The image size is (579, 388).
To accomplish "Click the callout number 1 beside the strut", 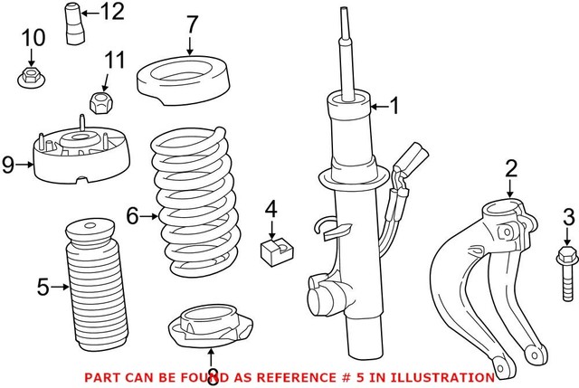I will [394, 108].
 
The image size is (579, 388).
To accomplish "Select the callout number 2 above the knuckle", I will [511, 167].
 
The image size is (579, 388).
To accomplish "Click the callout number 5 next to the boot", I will [43, 288].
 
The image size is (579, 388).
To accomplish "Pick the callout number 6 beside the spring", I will [132, 215].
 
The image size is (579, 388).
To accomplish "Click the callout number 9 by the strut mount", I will [8, 164].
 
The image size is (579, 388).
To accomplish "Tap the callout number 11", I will [113, 62].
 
